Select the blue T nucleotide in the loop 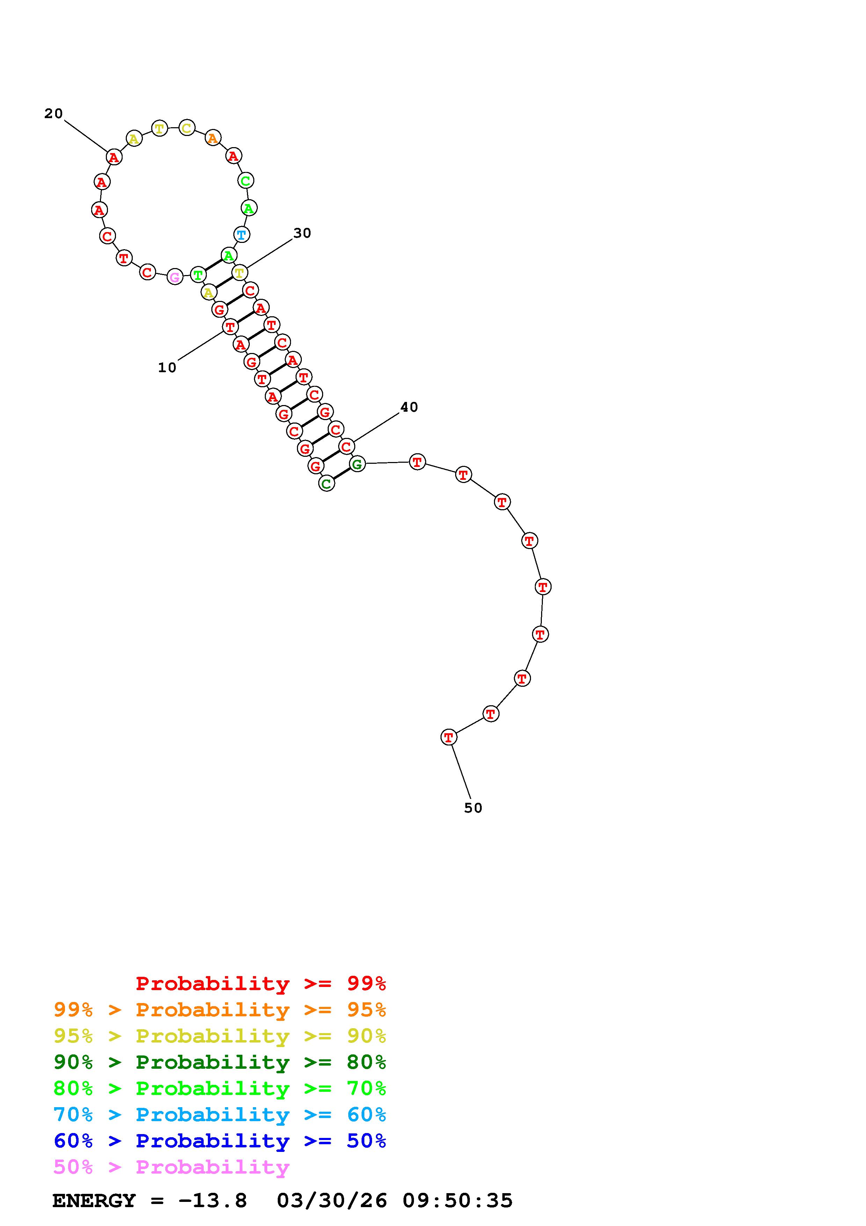[242, 235]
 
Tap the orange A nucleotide [213, 139]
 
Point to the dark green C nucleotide [327, 484]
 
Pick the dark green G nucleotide [357, 464]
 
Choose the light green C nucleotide [246, 180]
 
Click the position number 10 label [167, 367]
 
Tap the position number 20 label [53, 113]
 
